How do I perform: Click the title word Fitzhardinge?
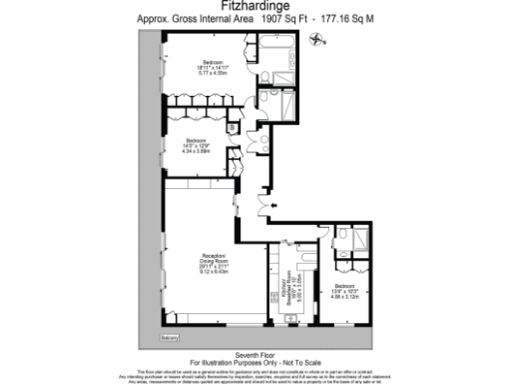click(x=255, y=7)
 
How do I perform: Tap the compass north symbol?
click(x=318, y=41)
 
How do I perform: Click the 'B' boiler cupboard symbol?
click(x=231, y=127)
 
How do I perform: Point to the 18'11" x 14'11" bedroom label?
click(x=211, y=65)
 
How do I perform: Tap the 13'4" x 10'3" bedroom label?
click(x=345, y=290)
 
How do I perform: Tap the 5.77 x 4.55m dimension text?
click(x=211, y=74)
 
